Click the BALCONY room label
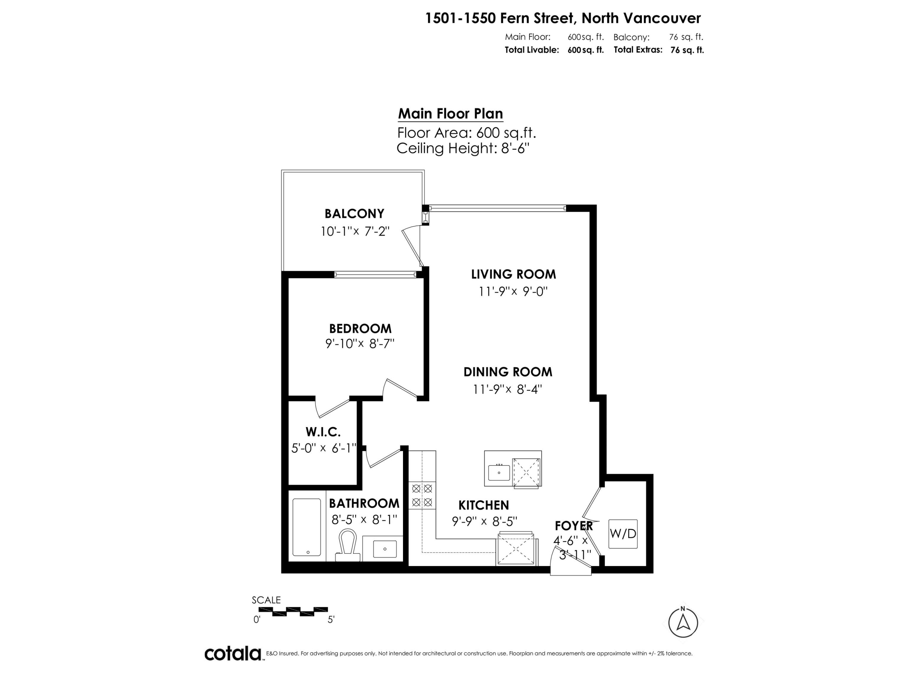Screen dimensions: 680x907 tap(354, 214)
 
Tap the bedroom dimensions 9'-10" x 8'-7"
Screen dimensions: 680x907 tap(359, 344)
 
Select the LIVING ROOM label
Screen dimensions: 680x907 tap(513, 274)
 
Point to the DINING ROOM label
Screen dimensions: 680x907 tap(508, 372)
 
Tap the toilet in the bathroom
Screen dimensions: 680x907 tap(348, 545)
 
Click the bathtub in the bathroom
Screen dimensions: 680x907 tap(307, 527)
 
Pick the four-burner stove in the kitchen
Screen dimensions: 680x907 tap(422, 495)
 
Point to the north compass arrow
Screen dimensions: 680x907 tap(683, 623)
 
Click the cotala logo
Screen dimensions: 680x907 tap(233, 653)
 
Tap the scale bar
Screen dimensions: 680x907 tap(293, 612)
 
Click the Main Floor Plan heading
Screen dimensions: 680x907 tap(450, 114)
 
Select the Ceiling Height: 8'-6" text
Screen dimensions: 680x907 tap(463, 148)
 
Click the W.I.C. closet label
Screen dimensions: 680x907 tap(323, 432)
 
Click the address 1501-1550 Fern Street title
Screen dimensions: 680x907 tap(563, 18)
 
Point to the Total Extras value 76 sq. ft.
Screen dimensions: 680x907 tap(687, 50)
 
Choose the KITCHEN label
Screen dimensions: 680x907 tap(483, 505)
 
